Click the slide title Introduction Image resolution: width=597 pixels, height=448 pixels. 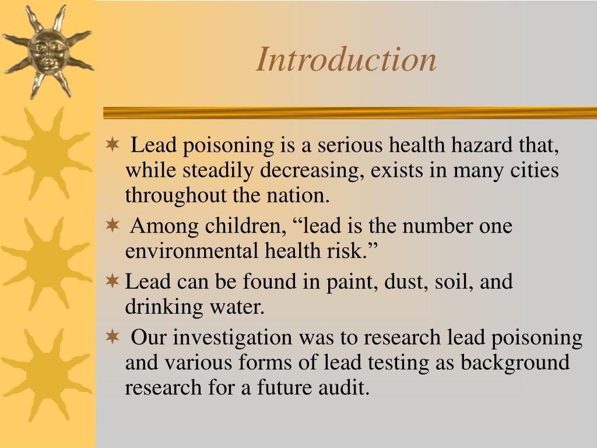pos(346,60)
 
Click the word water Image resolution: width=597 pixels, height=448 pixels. pos(240,307)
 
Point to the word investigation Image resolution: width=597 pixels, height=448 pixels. pos(233,337)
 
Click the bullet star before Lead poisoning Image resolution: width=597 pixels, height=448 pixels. pos(113,145)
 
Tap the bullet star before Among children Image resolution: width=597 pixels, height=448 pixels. pos(113,225)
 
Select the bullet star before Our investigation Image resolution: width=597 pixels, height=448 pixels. pos(113,337)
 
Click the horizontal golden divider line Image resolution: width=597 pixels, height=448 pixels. pos(350,113)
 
